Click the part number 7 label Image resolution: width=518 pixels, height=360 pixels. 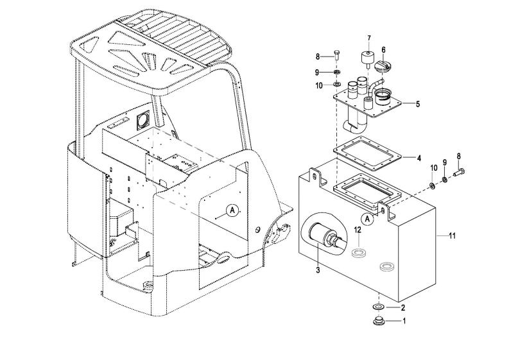click(369, 38)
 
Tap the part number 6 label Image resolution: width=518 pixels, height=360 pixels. click(384, 50)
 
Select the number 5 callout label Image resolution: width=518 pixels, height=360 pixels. click(418, 104)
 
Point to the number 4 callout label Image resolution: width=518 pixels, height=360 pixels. click(419, 159)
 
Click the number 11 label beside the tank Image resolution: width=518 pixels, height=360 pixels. click(453, 236)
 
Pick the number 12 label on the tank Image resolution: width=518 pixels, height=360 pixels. click(358, 229)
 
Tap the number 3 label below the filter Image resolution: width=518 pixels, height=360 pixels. click(318, 270)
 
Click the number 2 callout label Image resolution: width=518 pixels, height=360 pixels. click(403, 308)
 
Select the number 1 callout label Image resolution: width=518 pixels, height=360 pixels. click(403, 321)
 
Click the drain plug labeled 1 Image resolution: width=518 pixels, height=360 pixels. click(378, 321)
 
